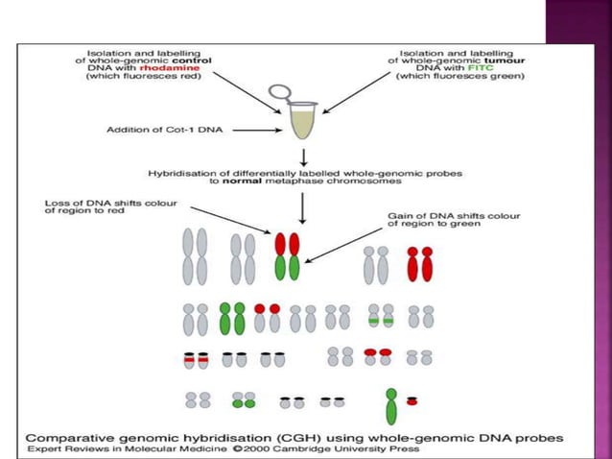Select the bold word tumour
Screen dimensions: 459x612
point(485,57)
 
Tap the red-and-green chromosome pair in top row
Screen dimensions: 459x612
point(287,254)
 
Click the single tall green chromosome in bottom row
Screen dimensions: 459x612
point(391,405)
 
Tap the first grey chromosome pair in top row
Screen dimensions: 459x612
point(195,256)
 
